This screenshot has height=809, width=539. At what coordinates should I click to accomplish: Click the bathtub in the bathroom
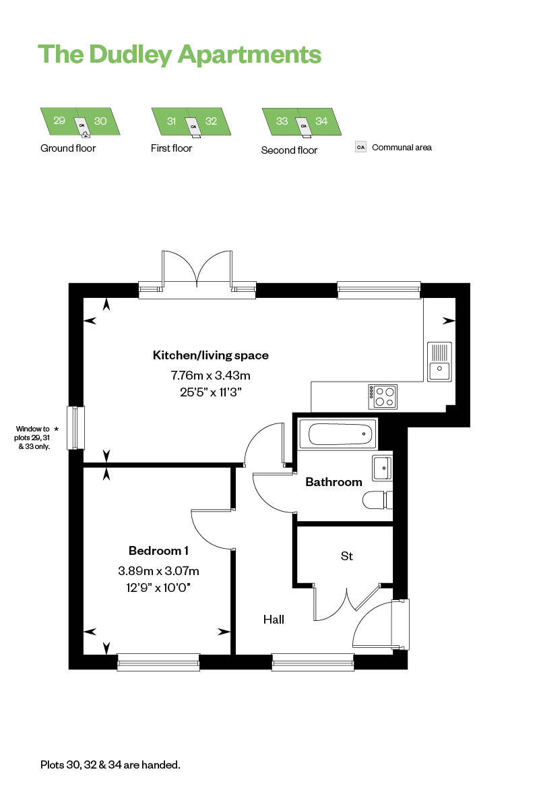tap(337, 433)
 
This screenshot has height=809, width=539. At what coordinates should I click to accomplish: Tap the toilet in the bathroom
tap(377, 500)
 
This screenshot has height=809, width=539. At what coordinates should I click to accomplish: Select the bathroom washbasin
tap(382, 468)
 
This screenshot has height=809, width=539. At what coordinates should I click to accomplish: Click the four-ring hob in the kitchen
tap(383, 396)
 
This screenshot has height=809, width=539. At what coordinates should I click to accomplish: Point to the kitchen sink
tap(439, 362)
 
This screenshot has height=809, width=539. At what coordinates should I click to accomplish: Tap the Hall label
tap(274, 620)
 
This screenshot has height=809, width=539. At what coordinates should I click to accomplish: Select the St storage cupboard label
tap(346, 556)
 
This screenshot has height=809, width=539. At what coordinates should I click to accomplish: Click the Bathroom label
tap(334, 482)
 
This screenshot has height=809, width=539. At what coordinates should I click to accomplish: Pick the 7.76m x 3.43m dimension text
tap(210, 376)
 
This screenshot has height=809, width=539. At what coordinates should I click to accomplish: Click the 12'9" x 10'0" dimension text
tap(158, 588)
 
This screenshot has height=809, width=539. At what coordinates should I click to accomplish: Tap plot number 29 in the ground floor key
tap(59, 120)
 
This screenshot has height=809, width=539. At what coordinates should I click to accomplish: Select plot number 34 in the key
tap(321, 121)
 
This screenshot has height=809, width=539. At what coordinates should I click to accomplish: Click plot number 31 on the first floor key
tap(171, 121)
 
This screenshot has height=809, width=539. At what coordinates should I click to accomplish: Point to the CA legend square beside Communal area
tap(360, 148)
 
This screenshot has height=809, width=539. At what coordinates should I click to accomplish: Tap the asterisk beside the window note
tap(56, 429)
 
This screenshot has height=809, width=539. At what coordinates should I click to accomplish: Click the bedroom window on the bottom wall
tap(158, 662)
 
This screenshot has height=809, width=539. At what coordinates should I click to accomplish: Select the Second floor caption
tap(289, 150)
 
